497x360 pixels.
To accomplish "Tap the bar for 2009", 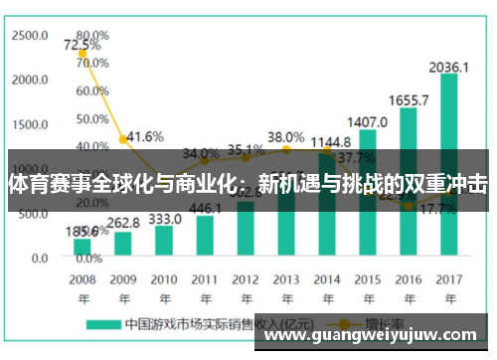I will tap(123, 244).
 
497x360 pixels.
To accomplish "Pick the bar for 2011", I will tap(205, 236).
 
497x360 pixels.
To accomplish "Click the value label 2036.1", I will tap(449, 67).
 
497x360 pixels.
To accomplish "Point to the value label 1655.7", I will tap(409, 100).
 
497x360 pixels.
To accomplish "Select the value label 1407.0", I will tap(367, 122).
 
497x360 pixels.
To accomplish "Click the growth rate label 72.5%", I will tap(82, 45).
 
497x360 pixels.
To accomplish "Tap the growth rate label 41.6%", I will tap(145, 136).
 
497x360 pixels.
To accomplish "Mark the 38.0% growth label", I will tap(286, 136).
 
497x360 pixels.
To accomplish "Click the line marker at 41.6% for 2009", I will tap(123, 140).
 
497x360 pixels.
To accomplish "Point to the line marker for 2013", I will tap(286, 150).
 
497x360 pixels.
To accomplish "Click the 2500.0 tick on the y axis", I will tap(30, 35).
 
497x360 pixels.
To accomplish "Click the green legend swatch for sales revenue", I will tap(102, 324).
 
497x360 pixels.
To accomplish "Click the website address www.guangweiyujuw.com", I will tap(373, 335).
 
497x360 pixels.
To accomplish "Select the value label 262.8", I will tap(123, 223).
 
